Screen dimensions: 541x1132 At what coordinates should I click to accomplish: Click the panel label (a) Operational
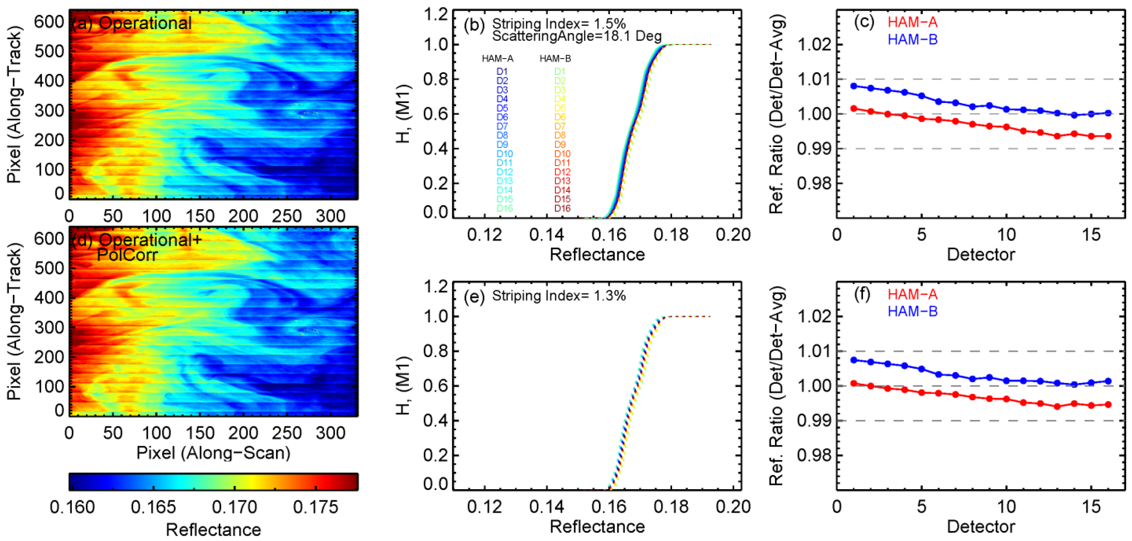(132, 23)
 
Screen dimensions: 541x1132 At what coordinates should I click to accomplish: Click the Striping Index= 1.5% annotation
(558, 24)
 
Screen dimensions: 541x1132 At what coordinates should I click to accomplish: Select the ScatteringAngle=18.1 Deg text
(576, 36)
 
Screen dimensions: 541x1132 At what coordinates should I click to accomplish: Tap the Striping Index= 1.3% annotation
(558, 296)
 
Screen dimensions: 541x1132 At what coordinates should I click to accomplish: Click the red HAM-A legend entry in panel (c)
(912, 22)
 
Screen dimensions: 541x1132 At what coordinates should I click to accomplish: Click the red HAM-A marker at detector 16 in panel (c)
(1108, 136)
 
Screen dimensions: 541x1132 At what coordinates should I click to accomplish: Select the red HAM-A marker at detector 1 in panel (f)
(854, 383)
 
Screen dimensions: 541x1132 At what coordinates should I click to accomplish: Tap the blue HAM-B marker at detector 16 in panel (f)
(1108, 381)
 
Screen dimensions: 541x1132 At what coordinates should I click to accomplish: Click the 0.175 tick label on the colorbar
(315, 507)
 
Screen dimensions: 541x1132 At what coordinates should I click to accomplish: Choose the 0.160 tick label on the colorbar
(72, 507)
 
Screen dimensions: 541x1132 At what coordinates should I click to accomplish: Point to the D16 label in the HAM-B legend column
(562, 208)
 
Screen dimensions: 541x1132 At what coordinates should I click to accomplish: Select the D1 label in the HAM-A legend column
(502, 71)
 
